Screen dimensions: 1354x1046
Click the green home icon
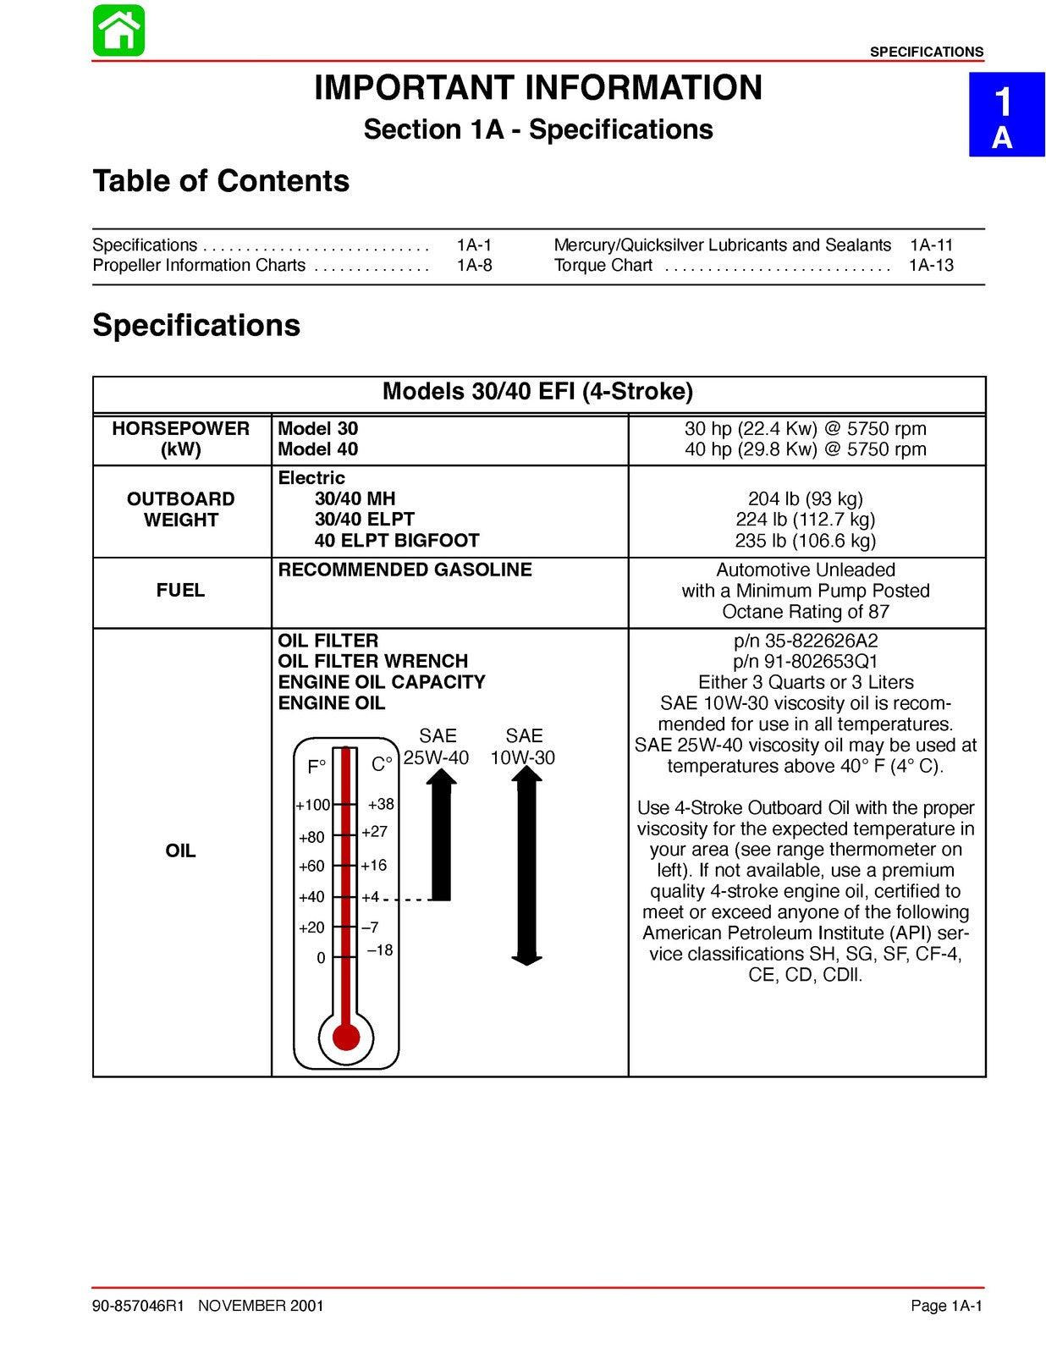click(x=118, y=31)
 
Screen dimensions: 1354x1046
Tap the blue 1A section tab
click(x=1005, y=115)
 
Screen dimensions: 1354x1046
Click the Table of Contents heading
click(x=221, y=181)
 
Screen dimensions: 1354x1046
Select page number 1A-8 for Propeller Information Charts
click(x=474, y=266)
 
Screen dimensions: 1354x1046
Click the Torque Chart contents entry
click(x=603, y=266)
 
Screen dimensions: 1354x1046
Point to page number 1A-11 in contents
click(x=931, y=245)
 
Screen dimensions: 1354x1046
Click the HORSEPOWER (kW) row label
click(x=181, y=439)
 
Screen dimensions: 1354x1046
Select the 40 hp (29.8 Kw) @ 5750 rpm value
click(x=805, y=449)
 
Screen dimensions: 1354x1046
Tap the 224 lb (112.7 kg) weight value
click(x=805, y=520)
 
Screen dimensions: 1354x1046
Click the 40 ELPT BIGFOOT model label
click(x=396, y=541)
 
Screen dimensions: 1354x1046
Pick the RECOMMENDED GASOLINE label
click(x=405, y=570)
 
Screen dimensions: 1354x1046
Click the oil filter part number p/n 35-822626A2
click(x=805, y=641)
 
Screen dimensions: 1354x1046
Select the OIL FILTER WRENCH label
click(x=372, y=662)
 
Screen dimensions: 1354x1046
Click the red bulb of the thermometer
click(x=346, y=1037)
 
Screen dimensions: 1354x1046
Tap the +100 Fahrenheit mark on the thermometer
click(x=312, y=806)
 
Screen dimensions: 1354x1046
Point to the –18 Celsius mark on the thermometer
click(x=380, y=951)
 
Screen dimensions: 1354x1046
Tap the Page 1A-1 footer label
click(x=946, y=1306)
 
